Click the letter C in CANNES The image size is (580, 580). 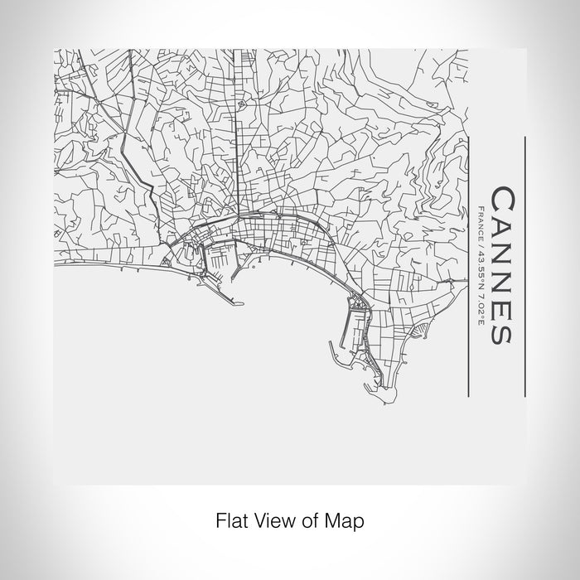502,199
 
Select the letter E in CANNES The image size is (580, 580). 502,307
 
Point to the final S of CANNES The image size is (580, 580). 502,332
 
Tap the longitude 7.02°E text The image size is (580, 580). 481,302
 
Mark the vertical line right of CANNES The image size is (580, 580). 525,265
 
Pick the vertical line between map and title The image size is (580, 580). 469,265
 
